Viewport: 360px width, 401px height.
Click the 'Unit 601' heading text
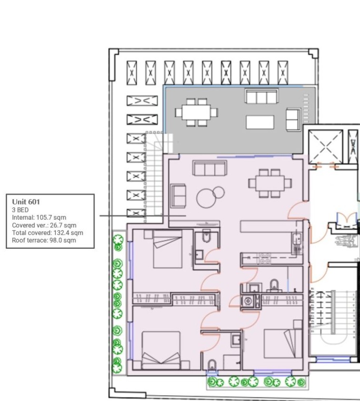pos(26,202)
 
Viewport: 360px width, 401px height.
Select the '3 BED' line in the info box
pos(20,210)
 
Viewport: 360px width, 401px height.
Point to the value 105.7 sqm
pos(51,217)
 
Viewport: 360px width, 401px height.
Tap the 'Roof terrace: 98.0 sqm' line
pos(44,240)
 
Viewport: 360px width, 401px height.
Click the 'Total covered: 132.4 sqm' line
pos(47,233)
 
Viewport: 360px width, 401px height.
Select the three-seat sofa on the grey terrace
pos(261,96)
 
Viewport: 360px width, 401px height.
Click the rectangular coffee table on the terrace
pos(260,122)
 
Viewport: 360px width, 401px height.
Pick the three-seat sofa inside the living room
pos(210,168)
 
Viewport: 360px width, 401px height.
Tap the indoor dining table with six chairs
pos(270,183)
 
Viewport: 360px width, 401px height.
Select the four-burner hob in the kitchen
pos(265,258)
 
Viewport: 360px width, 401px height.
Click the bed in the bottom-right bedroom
pos(283,343)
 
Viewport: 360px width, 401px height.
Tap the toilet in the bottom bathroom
pos(212,365)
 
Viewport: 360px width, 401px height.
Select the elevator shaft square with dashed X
pos(325,147)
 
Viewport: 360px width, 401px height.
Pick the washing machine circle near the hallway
pos(248,301)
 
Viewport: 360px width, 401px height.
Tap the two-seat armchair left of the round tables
pos(178,196)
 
